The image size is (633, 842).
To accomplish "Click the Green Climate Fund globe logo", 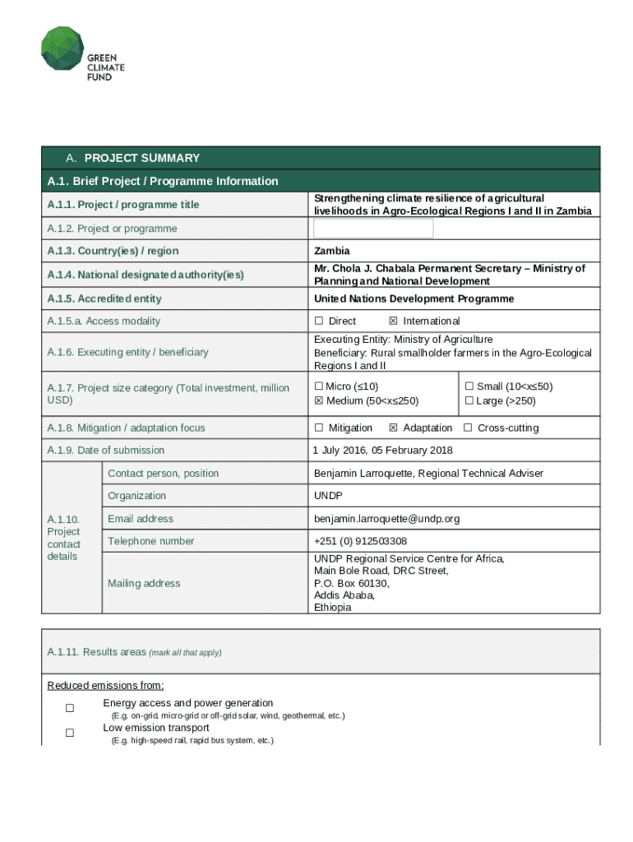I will point(62,48).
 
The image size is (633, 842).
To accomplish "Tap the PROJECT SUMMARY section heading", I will point(141,158).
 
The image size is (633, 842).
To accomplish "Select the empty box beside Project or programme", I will point(373,228).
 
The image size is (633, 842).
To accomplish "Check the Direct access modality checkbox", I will point(319,321).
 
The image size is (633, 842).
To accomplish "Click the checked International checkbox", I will point(393,321).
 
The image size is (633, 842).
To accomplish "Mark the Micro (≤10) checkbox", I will point(319,386).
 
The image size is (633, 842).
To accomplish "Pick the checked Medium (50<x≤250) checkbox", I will point(319,400).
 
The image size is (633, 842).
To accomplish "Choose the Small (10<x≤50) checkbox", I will point(469,386).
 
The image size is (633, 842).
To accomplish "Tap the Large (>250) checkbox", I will point(469,400).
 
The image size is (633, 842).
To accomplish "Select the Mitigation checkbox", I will point(319,428).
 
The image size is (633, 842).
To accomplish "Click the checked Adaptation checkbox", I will point(393,428).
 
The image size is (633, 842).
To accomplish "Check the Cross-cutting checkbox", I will point(468,428).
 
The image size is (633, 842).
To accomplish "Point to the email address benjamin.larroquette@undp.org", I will point(386,519).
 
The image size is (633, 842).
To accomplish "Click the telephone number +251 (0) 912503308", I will point(360,541).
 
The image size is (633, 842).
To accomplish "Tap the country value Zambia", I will point(331,251).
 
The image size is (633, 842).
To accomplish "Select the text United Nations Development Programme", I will point(414,298).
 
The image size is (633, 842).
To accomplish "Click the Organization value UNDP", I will point(328,496).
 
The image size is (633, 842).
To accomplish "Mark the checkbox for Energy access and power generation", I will point(70,708).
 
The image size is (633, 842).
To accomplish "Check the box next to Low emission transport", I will point(70,733).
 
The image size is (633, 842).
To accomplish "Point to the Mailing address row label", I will point(144,583).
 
